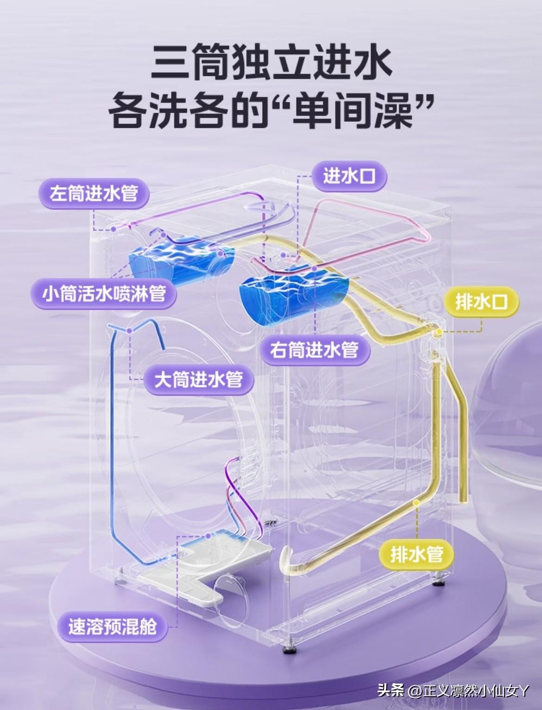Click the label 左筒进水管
94,194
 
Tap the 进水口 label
350,176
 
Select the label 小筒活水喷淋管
104,294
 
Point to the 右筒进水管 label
315,350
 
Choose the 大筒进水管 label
198,380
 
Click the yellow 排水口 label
481,302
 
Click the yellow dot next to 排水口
439,332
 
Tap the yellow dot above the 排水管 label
416,503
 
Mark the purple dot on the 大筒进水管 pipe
129,330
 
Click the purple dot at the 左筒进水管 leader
113,229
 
